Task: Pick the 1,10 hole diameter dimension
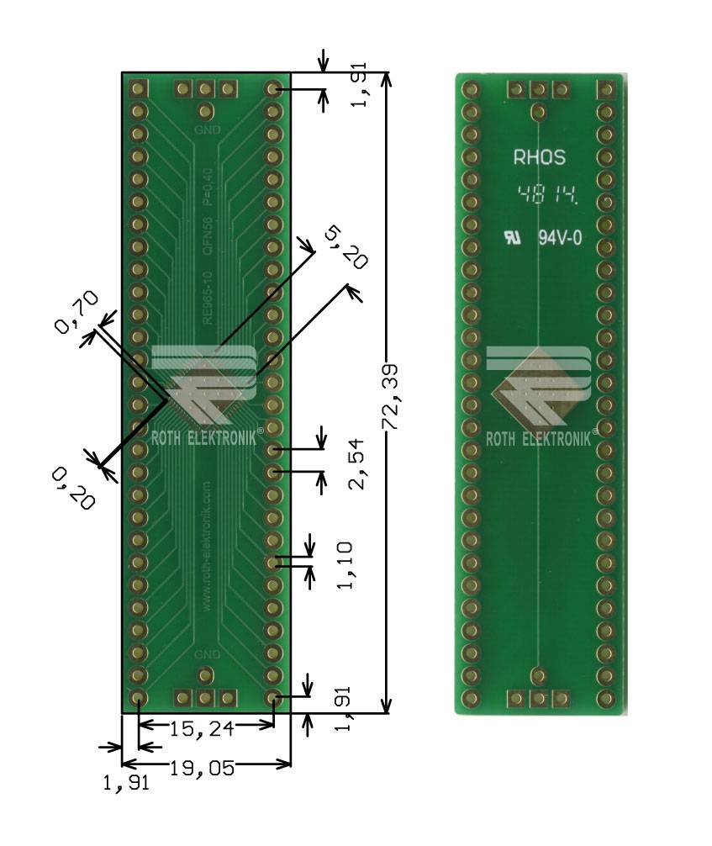(x=345, y=566)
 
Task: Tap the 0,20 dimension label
(x=73, y=489)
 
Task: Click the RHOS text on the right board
(x=539, y=157)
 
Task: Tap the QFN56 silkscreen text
(x=208, y=235)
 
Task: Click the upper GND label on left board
(x=207, y=130)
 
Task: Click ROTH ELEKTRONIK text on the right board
(x=540, y=439)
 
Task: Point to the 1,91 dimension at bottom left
(x=126, y=783)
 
